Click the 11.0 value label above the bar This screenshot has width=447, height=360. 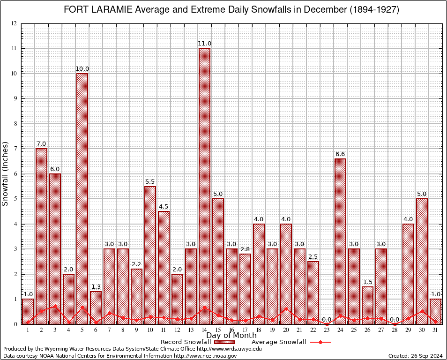point(204,44)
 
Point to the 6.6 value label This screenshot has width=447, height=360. point(340,154)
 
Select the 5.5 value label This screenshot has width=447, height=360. point(150,181)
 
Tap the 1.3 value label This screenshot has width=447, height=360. point(96,286)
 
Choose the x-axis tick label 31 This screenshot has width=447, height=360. point(435,330)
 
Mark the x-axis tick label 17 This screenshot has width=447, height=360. point(245,330)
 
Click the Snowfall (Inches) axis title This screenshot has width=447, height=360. point(6,174)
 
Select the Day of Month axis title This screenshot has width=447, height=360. point(231,336)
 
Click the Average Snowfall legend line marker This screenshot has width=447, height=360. point(320,342)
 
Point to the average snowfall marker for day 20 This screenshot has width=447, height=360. point(286,309)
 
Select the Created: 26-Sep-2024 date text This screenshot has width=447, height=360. point(416,356)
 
